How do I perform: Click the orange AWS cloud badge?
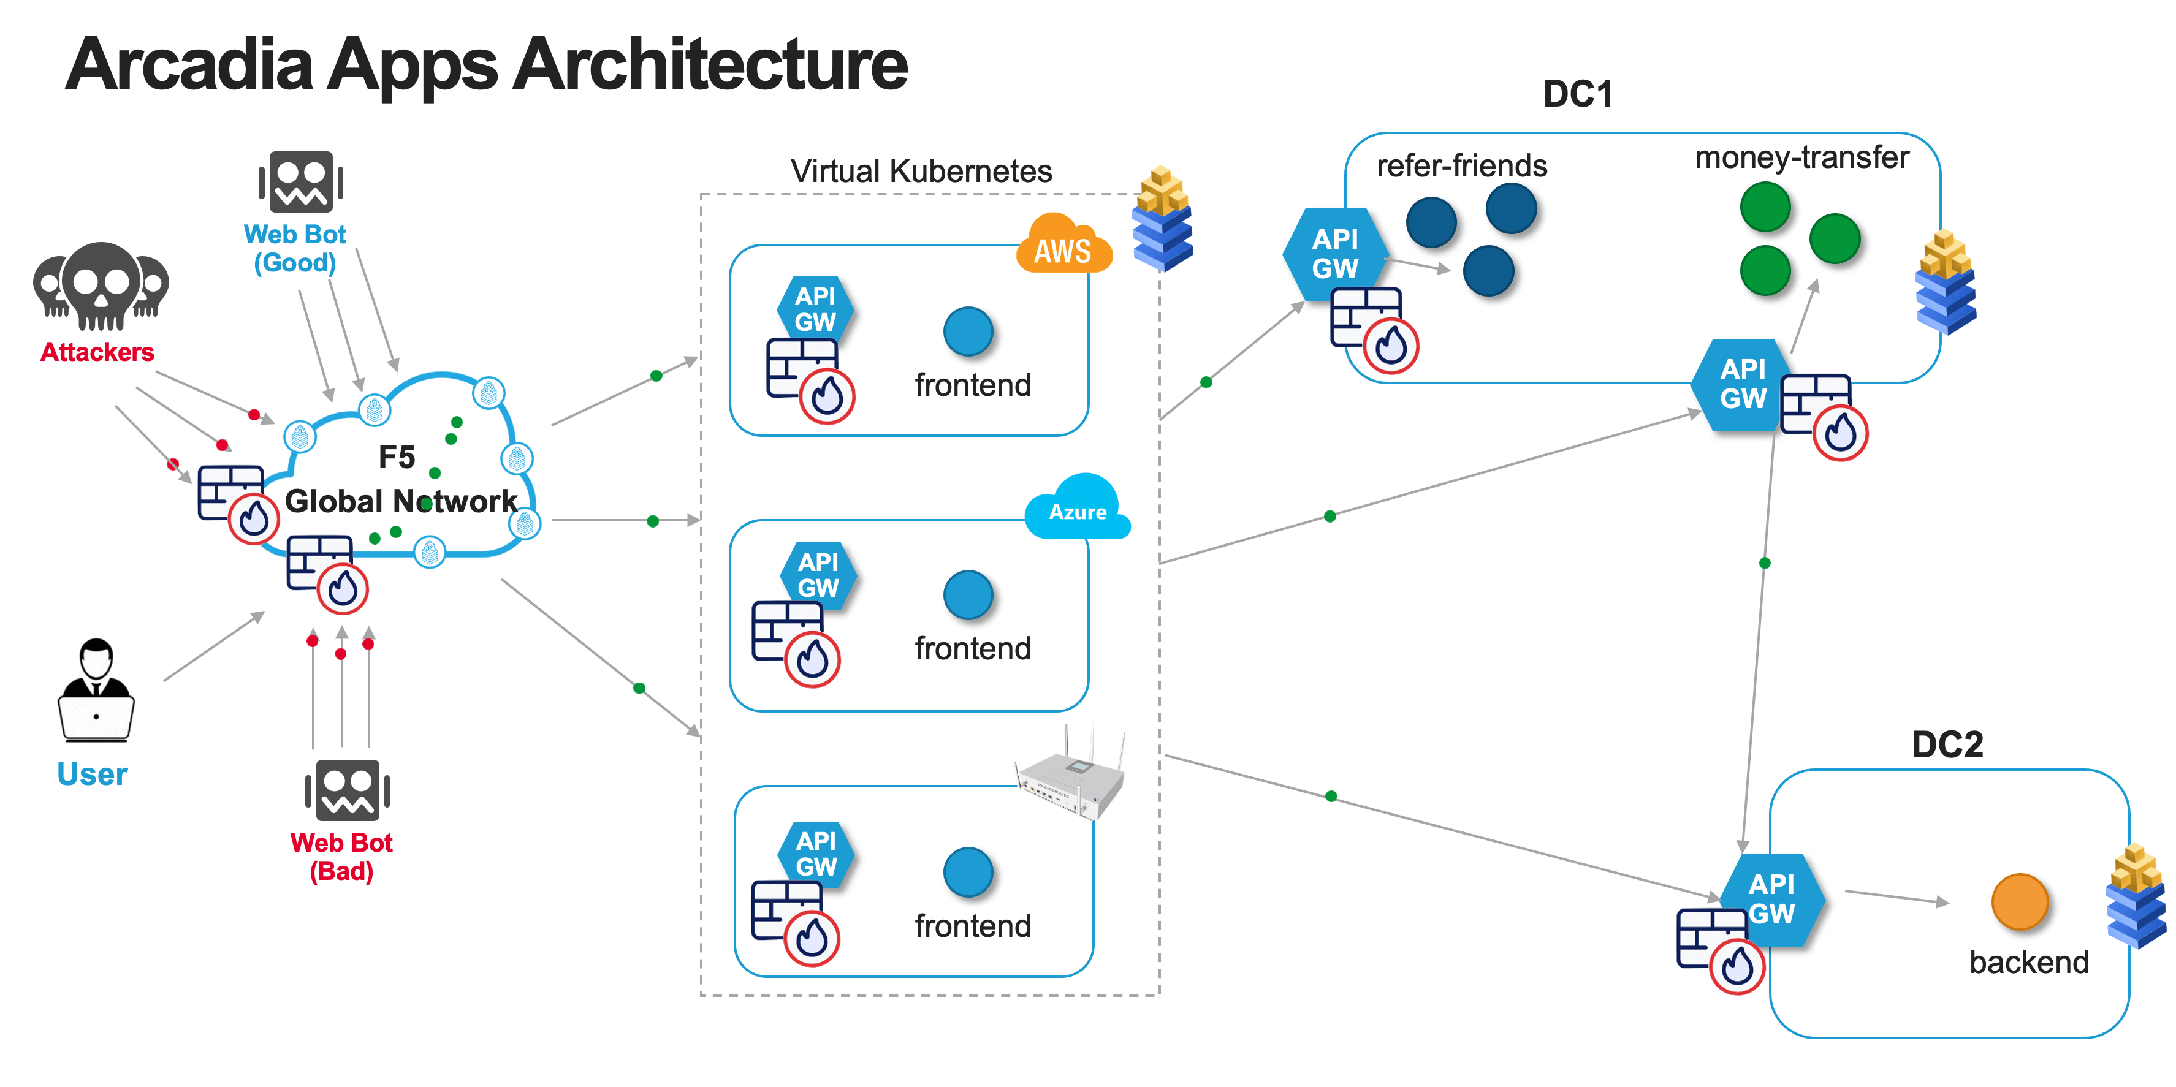point(1063,246)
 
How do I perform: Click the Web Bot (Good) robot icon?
point(301,181)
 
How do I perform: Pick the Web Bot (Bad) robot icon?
point(347,790)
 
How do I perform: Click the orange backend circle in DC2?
point(2019,902)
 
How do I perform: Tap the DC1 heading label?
point(1577,94)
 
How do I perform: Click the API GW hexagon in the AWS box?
point(815,309)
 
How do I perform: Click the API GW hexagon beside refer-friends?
point(1334,254)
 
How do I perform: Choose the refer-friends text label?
point(1461,165)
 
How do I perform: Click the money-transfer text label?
point(1801,157)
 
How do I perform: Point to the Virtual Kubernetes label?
point(921,172)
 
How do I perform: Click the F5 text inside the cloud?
point(396,457)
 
